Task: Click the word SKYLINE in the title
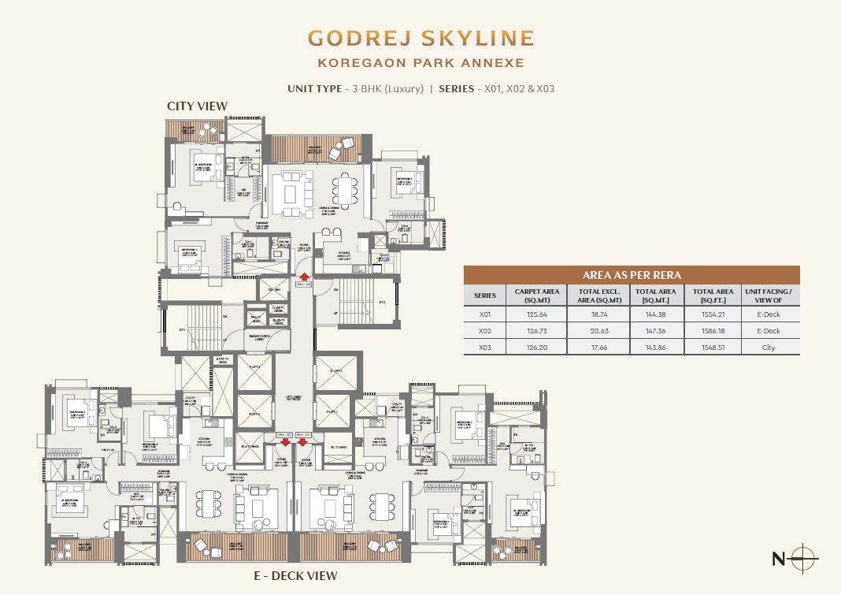pyautogui.click(x=472, y=38)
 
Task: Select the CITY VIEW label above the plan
pyautogui.click(x=197, y=106)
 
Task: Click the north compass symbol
pyautogui.click(x=802, y=559)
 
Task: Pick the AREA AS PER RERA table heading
pyautogui.click(x=632, y=275)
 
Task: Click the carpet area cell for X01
pyautogui.click(x=536, y=314)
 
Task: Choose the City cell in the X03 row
pyautogui.click(x=769, y=348)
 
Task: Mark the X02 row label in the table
pyautogui.click(x=484, y=331)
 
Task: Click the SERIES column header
pyautogui.click(x=485, y=296)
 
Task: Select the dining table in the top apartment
pyautogui.click(x=344, y=190)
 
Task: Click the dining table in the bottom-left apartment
pyautogui.click(x=207, y=504)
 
